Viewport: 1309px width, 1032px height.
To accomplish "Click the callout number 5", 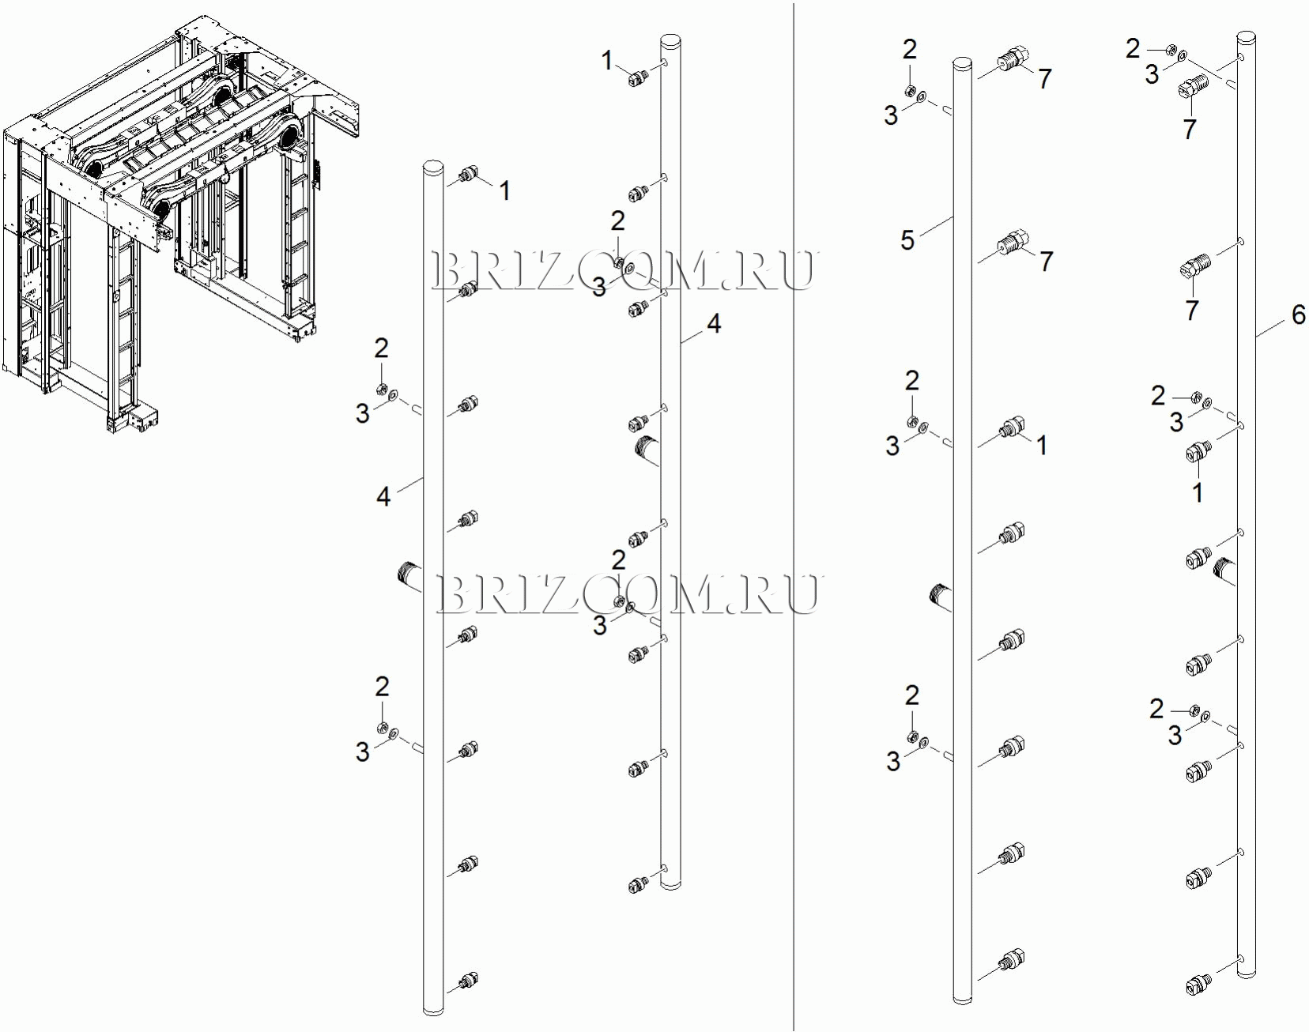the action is [x=907, y=239].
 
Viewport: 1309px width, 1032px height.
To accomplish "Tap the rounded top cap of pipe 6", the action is [x=1247, y=36].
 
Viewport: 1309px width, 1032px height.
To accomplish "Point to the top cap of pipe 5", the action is [x=962, y=62].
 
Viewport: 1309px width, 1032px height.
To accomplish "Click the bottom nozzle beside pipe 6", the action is [x=1199, y=984].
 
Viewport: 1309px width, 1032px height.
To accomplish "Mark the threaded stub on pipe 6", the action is [x=1225, y=571].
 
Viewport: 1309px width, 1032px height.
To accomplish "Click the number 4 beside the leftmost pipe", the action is [x=383, y=496].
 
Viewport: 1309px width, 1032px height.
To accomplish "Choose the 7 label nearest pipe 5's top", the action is [x=1045, y=79].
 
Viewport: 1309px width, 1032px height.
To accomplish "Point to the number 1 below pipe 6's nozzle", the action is [x=1198, y=493].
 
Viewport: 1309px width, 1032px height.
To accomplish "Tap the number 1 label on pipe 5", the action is [x=1042, y=446].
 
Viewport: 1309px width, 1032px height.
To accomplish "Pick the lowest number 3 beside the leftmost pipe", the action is [x=362, y=751].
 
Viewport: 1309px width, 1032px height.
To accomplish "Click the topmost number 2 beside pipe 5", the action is [x=910, y=50].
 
